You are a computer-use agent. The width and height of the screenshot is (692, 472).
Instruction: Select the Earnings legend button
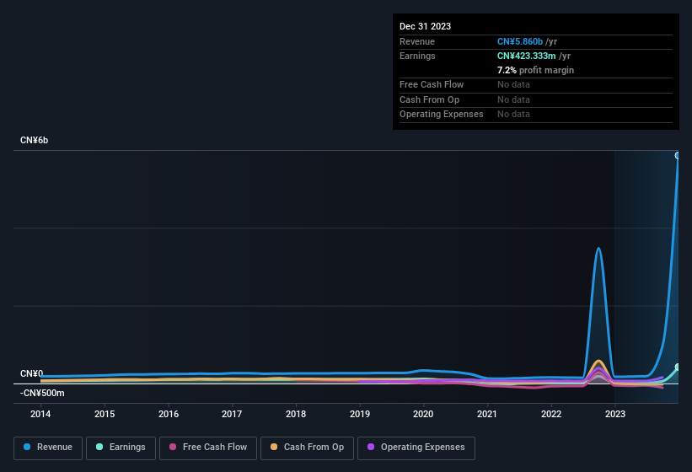(121, 448)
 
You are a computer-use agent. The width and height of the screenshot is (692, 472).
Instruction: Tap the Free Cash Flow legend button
(207, 448)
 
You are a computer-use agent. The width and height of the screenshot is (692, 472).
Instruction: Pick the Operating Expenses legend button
(416, 448)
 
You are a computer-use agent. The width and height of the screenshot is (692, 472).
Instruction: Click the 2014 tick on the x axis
(40, 414)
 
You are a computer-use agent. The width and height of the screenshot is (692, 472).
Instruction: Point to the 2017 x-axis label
(232, 414)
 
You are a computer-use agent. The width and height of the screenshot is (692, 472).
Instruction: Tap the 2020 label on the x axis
(423, 414)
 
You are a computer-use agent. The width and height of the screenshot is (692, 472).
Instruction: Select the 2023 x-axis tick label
(615, 414)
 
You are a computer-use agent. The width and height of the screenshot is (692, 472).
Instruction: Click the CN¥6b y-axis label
(35, 140)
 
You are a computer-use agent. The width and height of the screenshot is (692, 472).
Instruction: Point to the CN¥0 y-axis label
(31, 373)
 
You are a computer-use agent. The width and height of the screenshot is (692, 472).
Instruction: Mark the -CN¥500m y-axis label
(42, 393)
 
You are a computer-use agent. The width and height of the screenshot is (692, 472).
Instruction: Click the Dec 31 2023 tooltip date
(425, 26)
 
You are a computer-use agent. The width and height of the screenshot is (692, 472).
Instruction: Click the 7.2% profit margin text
(535, 70)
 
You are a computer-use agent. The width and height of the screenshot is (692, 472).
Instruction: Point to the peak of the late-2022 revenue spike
(598, 248)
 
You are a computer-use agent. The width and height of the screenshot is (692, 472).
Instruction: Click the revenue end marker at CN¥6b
(678, 155)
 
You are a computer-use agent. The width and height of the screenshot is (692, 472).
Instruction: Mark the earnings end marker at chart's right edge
(678, 367)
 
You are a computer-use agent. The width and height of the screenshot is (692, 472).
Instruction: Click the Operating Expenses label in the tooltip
(441, 114)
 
